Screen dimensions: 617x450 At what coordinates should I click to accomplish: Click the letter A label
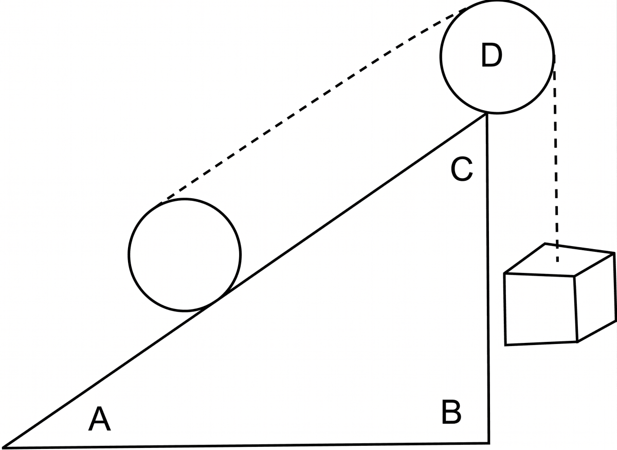point(99,419)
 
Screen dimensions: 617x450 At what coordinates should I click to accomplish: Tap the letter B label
point(451,412)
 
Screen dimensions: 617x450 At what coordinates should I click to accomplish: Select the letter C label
point(462,169)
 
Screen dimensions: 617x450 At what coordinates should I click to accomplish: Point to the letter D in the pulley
point(492,55)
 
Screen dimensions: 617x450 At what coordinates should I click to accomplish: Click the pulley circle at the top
point(441,57)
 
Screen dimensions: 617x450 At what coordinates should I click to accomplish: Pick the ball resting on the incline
point(129,255)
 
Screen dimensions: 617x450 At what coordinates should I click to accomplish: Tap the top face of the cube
point(559,259)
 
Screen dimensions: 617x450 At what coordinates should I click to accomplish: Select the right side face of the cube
point(595,298)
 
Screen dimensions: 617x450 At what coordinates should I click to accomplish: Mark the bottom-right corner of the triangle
point(489,443)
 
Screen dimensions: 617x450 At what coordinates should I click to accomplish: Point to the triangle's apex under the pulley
point(486,114)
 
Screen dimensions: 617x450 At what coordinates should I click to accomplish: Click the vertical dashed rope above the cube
point(556,159)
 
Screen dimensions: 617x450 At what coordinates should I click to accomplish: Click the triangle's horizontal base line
point(246,445)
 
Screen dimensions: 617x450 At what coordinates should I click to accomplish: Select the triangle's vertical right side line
point(488,279)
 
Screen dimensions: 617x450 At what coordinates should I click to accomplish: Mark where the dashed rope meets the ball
point(162,201)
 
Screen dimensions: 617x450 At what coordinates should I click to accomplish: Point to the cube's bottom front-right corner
point(577,342)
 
